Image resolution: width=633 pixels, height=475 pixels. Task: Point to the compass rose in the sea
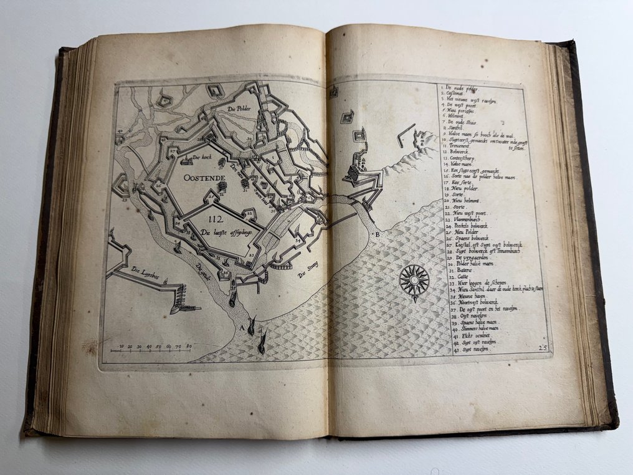[414, 281]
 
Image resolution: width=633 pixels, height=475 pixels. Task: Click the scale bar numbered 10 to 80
[153, 348]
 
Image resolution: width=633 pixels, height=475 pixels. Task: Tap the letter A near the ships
[242, 327]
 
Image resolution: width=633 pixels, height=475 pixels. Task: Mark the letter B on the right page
[376, 234]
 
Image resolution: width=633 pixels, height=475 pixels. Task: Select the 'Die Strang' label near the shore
[310, 273]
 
